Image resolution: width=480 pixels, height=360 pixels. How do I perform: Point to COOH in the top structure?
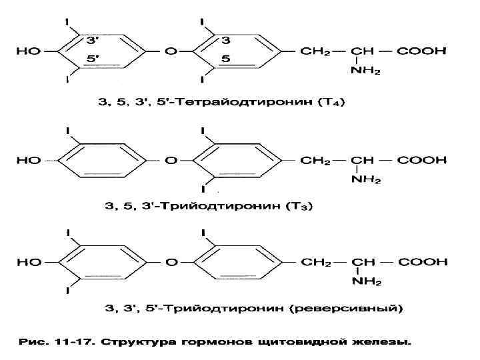(422, 51)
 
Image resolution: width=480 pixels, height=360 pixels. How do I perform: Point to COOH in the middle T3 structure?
(422, 160)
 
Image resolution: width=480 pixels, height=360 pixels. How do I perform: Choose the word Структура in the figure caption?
(138, 343)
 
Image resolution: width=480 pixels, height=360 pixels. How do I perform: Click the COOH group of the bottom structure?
(422, 262)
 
